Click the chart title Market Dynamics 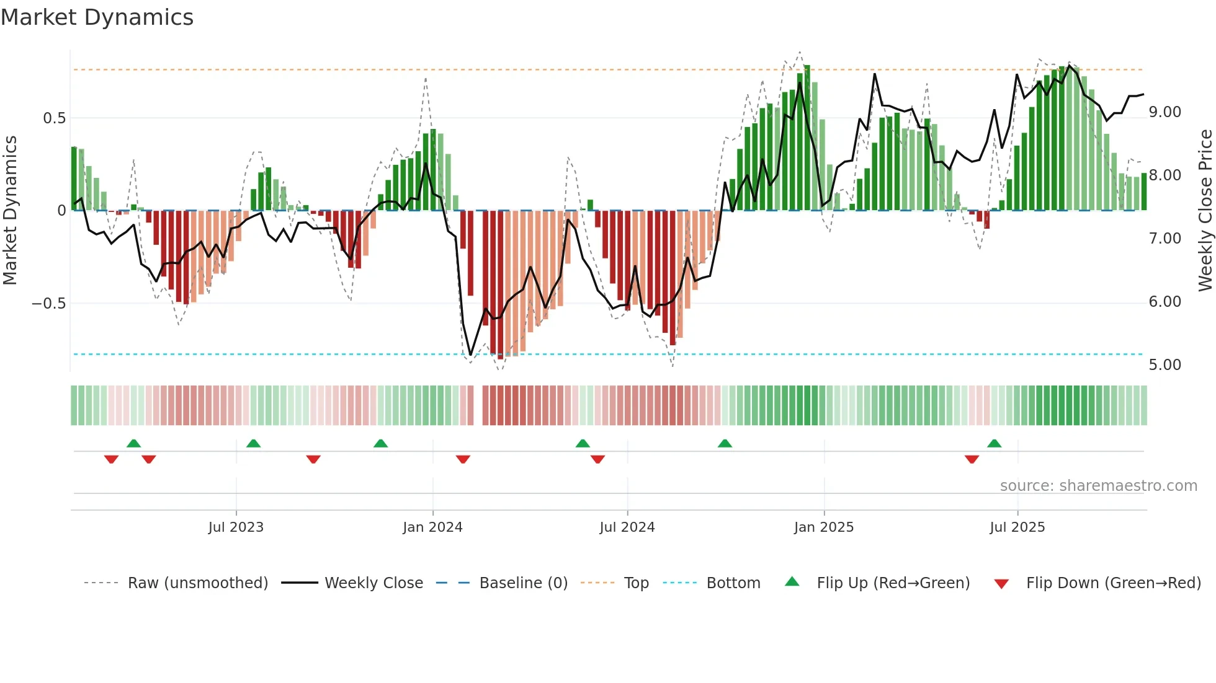(97, 17)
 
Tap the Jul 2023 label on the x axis (236, 527)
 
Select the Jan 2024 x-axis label (432, 527)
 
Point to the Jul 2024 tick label (627, 527)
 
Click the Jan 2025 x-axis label (824, 527)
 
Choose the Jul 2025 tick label (1017, 527)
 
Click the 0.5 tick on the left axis (54, 118)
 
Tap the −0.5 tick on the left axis (48, 304)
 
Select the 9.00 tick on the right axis (1165, 112)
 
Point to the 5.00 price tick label (1165, 365)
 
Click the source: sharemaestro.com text (1098, 486)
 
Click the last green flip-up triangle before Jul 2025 (994, 444)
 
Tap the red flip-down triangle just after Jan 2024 (463, 459)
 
